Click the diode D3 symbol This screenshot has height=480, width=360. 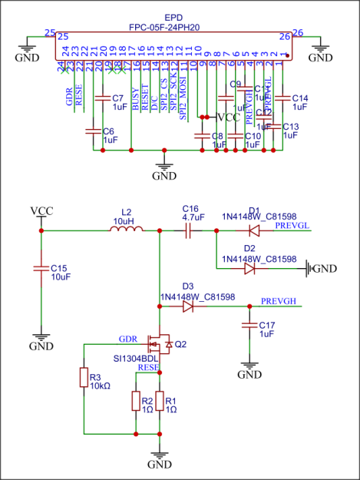click(188, 306)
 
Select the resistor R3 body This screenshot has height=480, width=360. click(84, 378)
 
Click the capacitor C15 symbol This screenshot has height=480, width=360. click(41, 268)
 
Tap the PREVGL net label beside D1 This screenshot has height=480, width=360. click(291, 225)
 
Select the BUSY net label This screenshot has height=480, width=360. click(135, 98)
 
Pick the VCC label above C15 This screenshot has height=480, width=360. click(41, 210)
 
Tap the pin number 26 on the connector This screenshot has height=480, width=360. click(284, 36)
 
